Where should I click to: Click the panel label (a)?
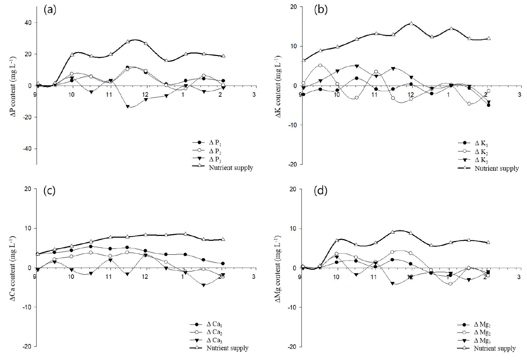pos(49,10)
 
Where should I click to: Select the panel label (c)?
pos(49,191)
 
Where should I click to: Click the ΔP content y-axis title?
pos(14,84)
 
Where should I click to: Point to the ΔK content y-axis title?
pos(279,85)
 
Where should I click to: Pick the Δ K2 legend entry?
pos(481,152)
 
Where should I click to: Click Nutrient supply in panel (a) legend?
pos(231,168)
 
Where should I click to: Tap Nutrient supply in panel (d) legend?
pos(495,349)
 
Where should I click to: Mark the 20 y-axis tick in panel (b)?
pos(294,7)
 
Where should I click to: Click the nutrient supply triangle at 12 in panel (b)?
pos(411,23)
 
